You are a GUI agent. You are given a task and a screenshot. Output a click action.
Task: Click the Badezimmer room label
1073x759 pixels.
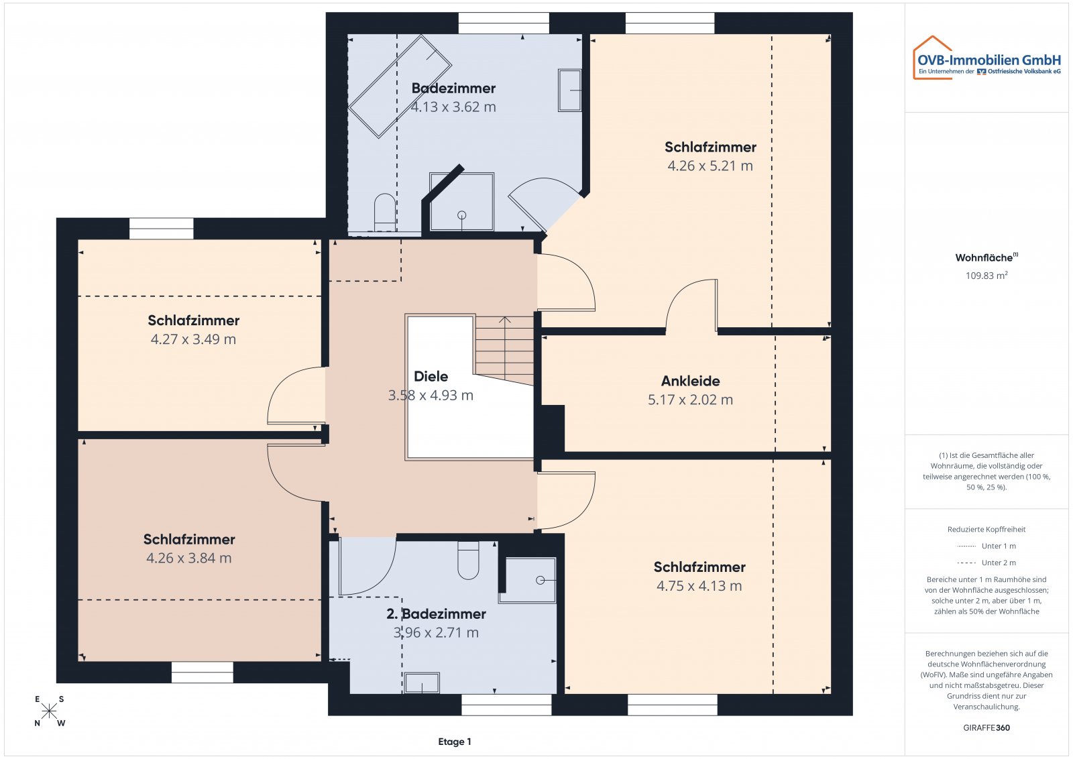pyautogui.click(x=453, y=88)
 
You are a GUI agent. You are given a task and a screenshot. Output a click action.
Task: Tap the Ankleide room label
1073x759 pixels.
pyautogui.click(x=690, y=381)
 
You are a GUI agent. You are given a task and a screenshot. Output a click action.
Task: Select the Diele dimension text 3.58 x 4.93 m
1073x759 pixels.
pyautogui.click(x=431, y=396)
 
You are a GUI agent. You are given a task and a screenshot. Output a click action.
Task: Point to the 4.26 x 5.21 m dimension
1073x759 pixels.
pyautogui.click(x=710, y=166)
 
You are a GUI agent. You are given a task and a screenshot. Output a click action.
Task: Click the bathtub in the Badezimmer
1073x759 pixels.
pyautogui.click(x=400, y=86)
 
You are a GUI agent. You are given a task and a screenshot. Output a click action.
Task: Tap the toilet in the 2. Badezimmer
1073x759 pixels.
pyautogui.click(x=468, y=561)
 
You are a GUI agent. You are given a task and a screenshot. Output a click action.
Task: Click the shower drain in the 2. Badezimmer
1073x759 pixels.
pyautogui.click(x=541, y=581)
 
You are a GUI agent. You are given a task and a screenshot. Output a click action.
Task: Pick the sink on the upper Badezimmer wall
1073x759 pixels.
pyautogui.click(x=569, y=90)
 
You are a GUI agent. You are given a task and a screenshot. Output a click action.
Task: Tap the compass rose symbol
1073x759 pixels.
pyautogui.click(x=49, y=711)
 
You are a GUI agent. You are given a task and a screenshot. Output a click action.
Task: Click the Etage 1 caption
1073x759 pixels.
pyautogui.click(x=455, y=742)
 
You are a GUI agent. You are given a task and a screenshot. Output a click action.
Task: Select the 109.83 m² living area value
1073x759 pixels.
pyautogui.click(x=986, y=276)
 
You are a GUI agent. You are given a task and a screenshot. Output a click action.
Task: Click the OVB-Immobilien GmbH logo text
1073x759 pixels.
pyautogui.click(x=989, y=60)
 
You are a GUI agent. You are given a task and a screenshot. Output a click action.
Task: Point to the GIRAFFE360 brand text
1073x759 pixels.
pyautogui.click(x=986, y=728)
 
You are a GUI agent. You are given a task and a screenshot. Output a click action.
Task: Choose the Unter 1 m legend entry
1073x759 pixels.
pyautogui.click(x=986, y=546)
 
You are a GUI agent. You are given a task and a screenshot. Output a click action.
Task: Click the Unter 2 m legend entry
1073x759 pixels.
pyautogui.click(x=986, y=563)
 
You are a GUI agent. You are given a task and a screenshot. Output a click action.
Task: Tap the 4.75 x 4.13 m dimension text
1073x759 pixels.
pyautogui.click(x=699, y=586)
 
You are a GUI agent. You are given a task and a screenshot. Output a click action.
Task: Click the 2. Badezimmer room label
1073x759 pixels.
pyautogui.click(x=436, y=614)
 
